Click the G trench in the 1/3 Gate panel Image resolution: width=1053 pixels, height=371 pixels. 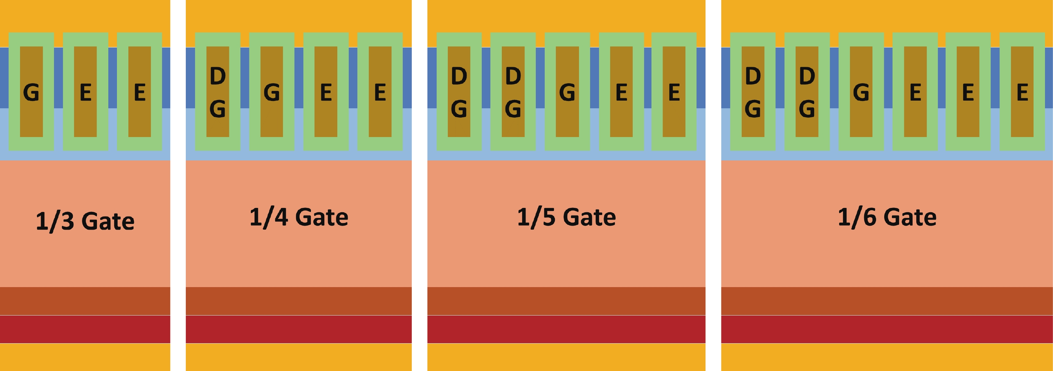pos(31,92)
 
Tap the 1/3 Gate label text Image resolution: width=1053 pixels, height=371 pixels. pos(85,221)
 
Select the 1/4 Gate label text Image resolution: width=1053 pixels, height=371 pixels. pos(299,217)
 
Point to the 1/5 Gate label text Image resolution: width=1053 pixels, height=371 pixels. pos(566,217)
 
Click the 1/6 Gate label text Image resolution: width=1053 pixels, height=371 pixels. pos(887,217)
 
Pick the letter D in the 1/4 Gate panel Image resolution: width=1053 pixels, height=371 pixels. pos(218,76)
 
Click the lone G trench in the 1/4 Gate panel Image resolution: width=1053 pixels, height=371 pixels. pos(272,92)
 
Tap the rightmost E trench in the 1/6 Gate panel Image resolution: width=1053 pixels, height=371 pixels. pos(1022,92)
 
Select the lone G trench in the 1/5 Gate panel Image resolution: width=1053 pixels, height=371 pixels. pos(567,92)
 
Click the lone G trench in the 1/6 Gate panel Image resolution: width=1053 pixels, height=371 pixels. pos(861,92)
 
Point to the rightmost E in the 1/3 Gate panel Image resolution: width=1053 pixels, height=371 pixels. pos(140,92)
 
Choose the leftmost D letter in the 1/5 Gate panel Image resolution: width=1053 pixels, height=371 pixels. pos(459,76)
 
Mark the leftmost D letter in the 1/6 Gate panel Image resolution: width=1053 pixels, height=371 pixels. pos(752,76)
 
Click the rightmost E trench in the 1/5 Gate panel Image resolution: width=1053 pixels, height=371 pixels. pos(674,92)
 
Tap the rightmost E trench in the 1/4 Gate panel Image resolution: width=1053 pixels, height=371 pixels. pos(380,92)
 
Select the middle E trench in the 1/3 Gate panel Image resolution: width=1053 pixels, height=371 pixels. pos(86,92)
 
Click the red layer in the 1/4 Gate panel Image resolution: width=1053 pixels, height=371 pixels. pos(299,329)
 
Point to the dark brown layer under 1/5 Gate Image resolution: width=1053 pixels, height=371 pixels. pos(566,301)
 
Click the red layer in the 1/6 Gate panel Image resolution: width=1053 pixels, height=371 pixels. pos(887,329)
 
